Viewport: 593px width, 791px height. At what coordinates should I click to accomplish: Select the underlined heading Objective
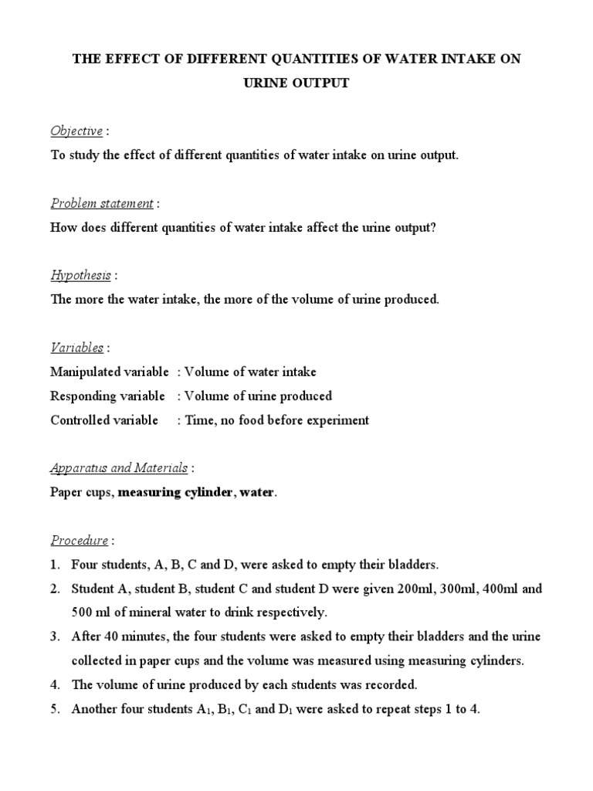76,131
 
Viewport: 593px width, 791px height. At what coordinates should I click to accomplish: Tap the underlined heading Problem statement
102,203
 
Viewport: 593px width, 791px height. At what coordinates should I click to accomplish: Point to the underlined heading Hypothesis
80,275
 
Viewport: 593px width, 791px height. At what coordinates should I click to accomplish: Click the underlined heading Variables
76,348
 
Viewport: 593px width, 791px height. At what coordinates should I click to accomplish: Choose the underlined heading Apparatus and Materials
119,467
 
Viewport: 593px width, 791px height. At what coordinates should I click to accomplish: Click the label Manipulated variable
107,372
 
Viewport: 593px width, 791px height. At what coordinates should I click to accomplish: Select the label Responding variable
107,396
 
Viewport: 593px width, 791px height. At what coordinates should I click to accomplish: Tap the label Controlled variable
104,420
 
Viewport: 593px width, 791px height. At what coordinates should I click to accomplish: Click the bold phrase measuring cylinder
175,492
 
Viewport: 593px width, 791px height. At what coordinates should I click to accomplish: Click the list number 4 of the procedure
55,684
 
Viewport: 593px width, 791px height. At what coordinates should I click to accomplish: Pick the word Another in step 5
93,708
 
